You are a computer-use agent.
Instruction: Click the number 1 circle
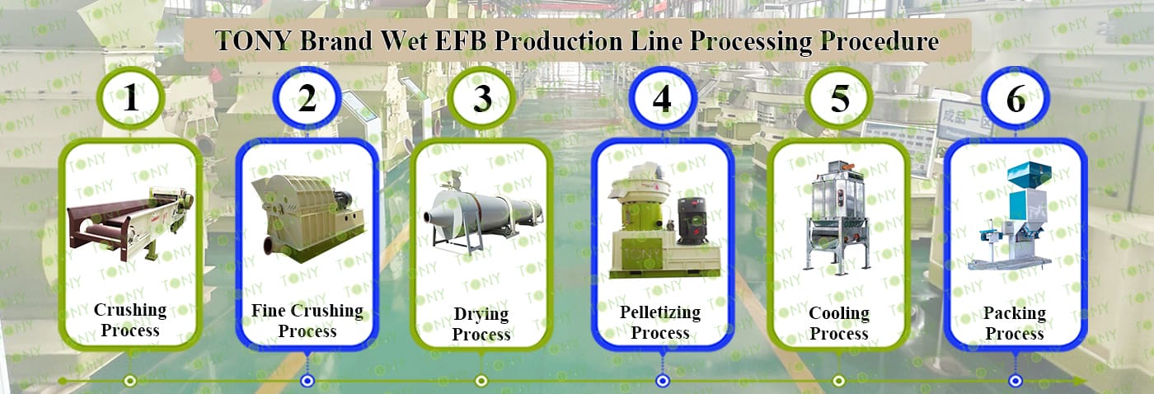tap(130, 99)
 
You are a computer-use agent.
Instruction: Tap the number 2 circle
tap(307, 99)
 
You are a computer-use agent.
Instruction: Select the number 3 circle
tap(482, 99)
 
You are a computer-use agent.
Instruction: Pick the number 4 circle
tap(662, 99)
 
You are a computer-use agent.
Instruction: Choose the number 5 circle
tap(839, 99)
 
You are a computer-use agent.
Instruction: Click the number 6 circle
tap(1016, 99)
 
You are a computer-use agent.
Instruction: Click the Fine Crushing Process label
tap(307, 321)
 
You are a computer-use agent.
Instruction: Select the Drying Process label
tap(482, 324)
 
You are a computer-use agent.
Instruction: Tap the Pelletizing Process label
tap(660, 322)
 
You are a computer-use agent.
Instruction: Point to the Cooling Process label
tap(839, 323)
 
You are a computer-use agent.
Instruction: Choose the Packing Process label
tap(1016, 323)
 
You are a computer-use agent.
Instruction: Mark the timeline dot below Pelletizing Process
tap(662, 380)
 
